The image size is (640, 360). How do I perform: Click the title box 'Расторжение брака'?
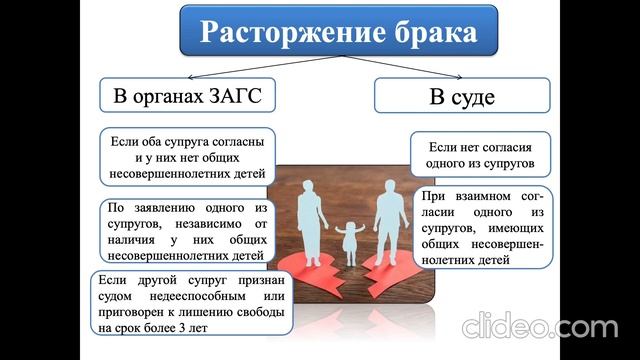[x=339, y=31]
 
